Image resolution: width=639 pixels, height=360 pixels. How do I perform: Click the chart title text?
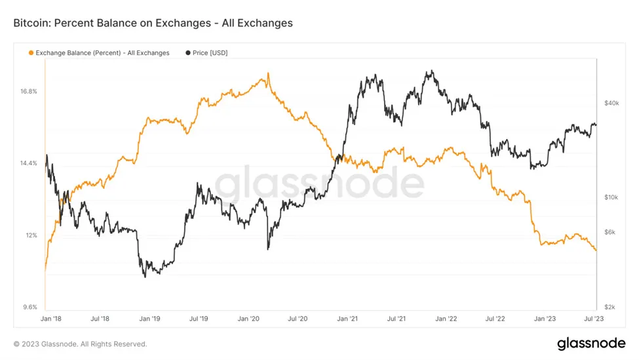pyautogui.click(x=153, y=23)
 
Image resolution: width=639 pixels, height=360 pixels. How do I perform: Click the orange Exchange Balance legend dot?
pyautogui.click(x=30, y=53)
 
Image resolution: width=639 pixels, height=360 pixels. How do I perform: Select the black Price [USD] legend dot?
pyautogui.click(x=189, y=53)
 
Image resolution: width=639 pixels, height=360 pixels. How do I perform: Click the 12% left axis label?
pyautogui.click(x=31, y=235)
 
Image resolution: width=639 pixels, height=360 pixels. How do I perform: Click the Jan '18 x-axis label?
pyautogui.click(x=50, y=319)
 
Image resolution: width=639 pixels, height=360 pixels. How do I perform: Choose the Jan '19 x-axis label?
pyautogui.click(x=149, y=319)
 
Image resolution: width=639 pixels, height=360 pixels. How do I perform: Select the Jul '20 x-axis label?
pyautogui.click(x=298, y=319)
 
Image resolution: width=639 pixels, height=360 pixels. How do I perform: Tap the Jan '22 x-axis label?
pyautogui.click(x=446, y=319)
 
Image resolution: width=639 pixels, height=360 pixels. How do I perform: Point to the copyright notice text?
pyautogui.click(x=80, y=344)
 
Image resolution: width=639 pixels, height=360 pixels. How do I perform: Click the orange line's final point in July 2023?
pyautogui.click(x=596, y=250)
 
